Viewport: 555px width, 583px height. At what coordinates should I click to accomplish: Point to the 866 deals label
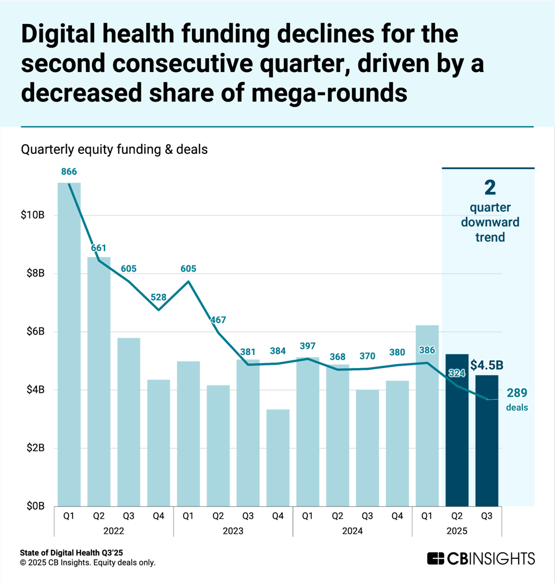tap(69, 172)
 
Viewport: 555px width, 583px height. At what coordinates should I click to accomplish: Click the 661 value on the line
tap(98, 248)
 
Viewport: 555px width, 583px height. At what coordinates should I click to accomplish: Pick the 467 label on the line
tap(218, 320)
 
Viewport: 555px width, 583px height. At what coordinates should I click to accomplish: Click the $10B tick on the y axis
tap(35, 215)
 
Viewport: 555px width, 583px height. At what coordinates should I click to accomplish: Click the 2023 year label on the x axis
tap(233, 531)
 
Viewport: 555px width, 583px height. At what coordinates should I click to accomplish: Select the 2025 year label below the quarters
tap(457, 531)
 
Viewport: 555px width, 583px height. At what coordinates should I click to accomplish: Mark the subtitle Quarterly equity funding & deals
tap(114, 150)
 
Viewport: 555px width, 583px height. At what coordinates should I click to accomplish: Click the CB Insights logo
tap(480, 558)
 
